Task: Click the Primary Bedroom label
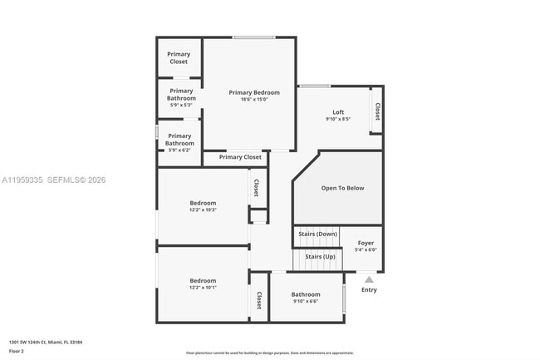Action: pos(254,92)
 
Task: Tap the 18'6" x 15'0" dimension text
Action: pos(254,100)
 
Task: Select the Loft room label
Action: pos(338,112)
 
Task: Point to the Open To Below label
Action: pos(342,188)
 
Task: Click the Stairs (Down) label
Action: pos(317,234)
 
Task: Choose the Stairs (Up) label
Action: pos(320,256)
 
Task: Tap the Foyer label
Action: pos(366,243)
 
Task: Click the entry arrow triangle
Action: pos(369,279)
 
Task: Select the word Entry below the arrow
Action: pos(369,290)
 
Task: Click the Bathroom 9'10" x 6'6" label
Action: pos(306,294)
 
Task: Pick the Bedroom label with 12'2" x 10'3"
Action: pos(203,203)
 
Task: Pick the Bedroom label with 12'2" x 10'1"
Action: pos(203,280)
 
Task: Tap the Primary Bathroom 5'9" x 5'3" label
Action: pos(181,94)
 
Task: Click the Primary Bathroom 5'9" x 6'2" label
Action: pos(179,140)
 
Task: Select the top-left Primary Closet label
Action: pos(179,58)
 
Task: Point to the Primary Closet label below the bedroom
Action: pos(240,157)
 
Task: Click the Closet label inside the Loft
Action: pos(377,111)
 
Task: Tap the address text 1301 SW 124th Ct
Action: pos(46,342)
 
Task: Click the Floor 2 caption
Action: pos(17,352)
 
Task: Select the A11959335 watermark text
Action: pos(22,180)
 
